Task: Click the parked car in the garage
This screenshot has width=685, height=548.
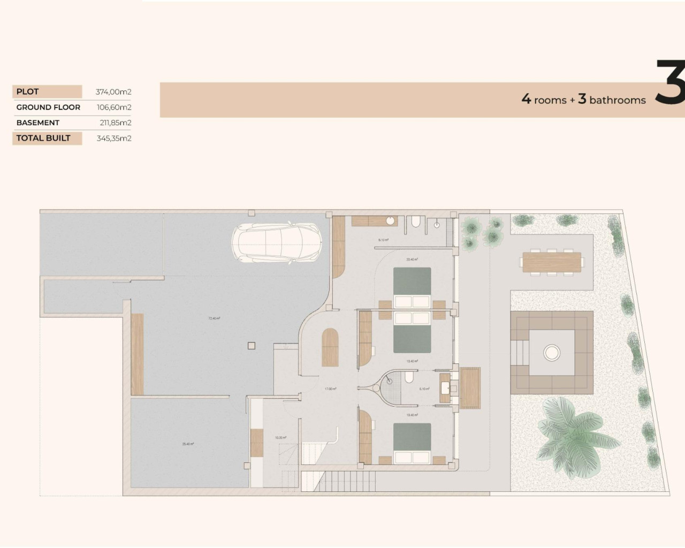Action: pos(276,243)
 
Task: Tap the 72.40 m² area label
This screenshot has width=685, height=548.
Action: pos(214,318)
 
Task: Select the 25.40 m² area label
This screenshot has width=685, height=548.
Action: pos(188,444)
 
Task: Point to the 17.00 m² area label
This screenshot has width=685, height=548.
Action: pos(331,389)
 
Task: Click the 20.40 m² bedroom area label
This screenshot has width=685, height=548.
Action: pos(412,260)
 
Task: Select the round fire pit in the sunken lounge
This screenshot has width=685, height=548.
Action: pos(551,352)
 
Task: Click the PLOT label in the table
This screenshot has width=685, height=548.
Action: pos(28,92)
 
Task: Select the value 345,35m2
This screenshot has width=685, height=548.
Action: pos(113,138)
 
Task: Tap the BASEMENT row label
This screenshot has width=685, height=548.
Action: pos(37,123)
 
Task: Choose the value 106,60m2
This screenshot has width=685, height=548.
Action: pos(113,107)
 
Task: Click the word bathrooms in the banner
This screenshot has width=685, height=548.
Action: pos(618,100)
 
